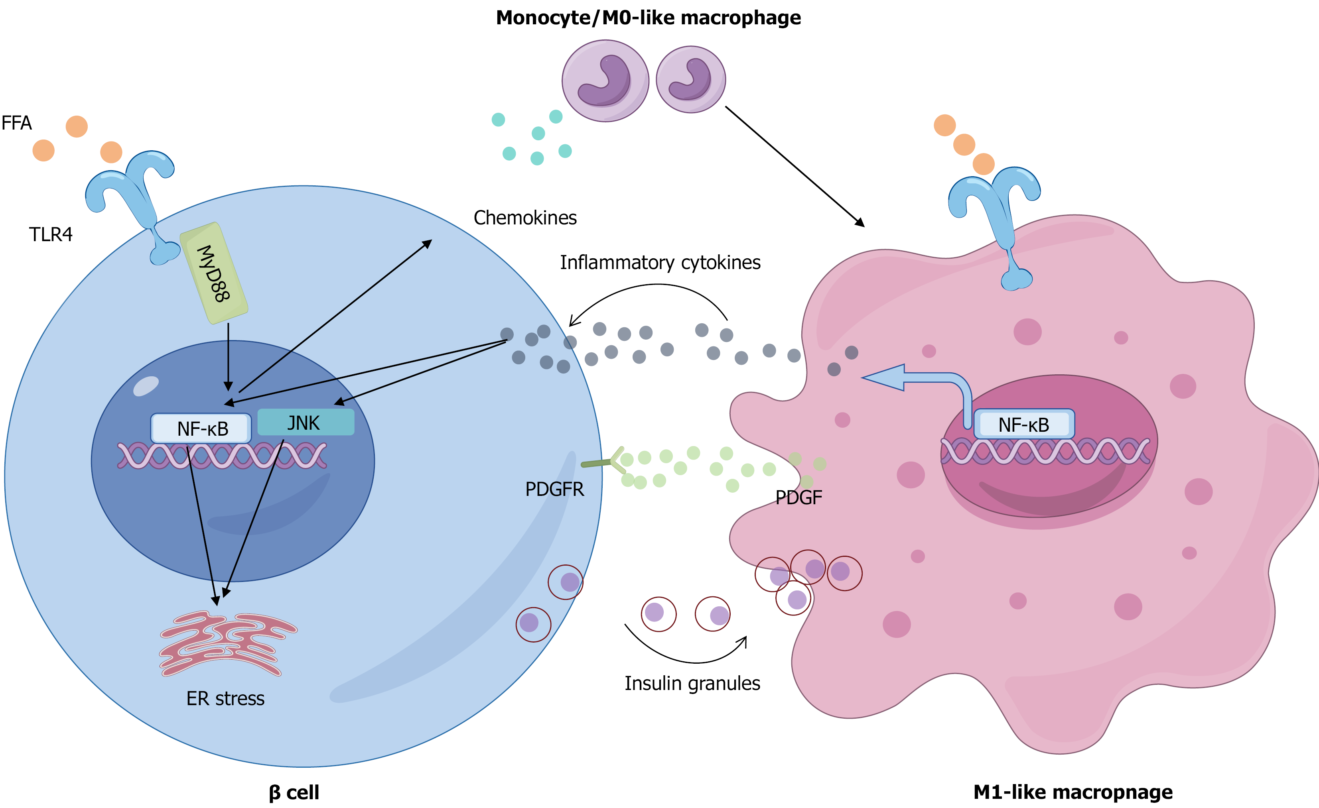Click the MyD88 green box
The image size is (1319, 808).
214,273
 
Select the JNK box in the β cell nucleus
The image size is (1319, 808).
306,422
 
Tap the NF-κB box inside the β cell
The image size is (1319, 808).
201,428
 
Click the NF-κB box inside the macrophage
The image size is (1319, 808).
1023,425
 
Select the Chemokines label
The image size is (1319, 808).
524,218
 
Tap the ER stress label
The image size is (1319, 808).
225,698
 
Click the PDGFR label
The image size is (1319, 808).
554,489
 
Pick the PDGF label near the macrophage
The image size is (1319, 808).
798,497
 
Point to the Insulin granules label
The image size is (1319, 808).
692,683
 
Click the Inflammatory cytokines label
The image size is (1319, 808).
660,263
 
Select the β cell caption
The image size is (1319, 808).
294,792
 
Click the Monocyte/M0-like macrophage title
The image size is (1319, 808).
648,18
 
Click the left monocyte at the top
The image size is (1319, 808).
605,81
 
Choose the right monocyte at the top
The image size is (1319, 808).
690,79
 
